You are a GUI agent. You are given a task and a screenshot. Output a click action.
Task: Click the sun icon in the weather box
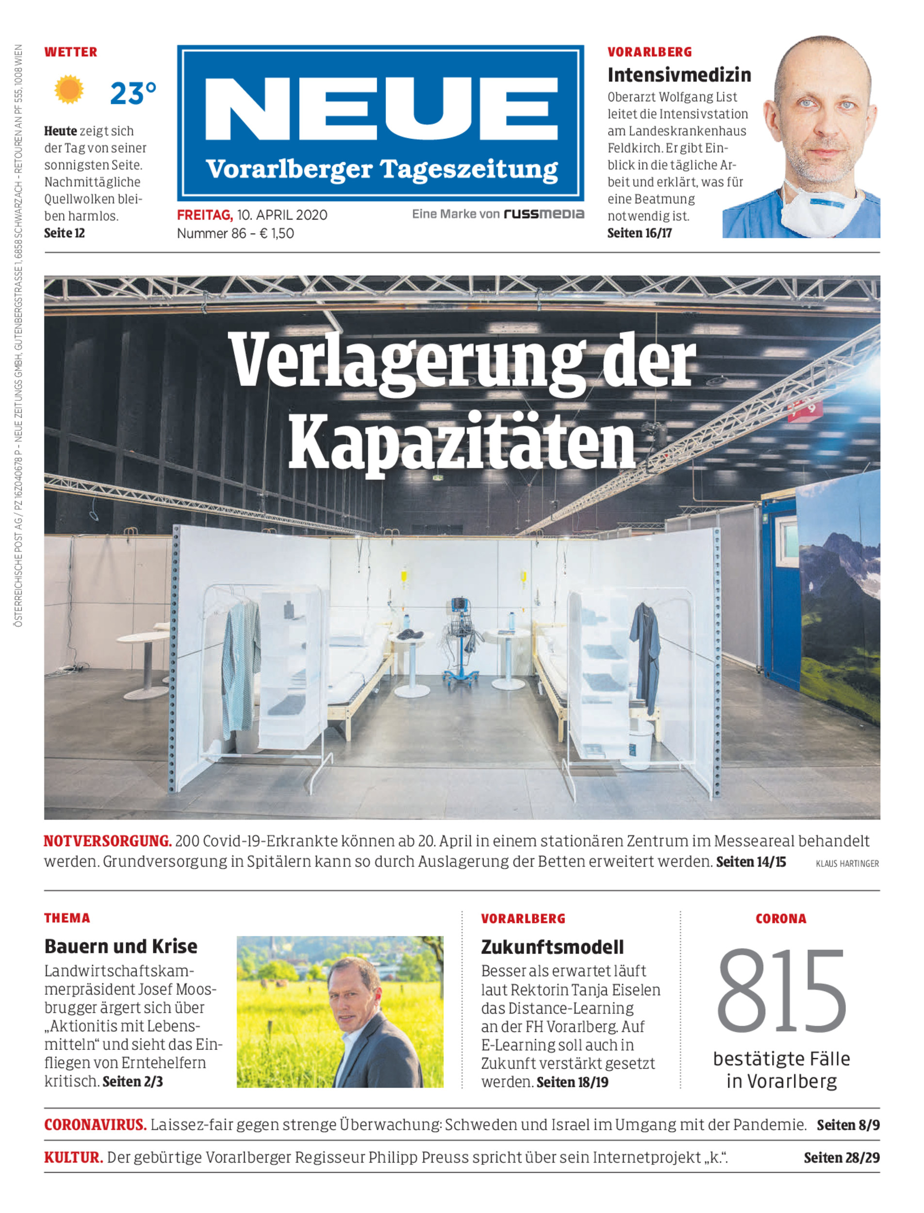69,90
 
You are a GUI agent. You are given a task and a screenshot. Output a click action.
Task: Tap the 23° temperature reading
132,94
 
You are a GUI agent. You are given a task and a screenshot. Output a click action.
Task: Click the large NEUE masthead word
380,109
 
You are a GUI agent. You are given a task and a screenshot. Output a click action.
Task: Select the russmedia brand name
544,214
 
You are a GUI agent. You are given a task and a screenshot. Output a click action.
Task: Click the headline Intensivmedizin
679,75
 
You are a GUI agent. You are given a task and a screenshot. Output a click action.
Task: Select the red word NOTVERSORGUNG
108,841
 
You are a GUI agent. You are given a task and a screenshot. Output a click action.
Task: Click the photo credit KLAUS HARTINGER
847,864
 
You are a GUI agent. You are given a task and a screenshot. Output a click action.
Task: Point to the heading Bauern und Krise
120,946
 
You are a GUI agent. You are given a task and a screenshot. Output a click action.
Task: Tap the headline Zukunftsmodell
552,947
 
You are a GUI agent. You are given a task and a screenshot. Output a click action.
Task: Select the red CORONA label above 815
780,919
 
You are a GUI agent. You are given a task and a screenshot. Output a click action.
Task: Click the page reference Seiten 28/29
841,1158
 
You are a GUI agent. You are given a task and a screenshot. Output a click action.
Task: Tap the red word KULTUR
73,1158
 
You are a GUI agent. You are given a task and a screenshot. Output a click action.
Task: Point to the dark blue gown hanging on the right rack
645,655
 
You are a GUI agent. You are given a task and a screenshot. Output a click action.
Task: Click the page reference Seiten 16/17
639,233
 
